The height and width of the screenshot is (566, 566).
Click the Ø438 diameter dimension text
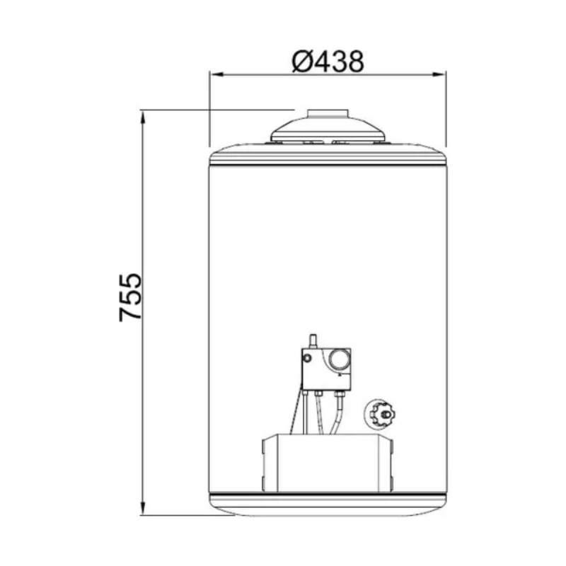point(327,61)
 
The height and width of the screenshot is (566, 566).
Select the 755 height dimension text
point(132,298)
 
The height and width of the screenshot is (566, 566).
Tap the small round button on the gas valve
point(308,358)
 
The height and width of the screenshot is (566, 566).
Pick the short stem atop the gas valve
point(311,340)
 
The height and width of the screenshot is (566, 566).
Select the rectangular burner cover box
point(327,463)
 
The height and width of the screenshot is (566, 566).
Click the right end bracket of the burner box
point(388,463)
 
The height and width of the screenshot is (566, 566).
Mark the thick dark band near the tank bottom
point(327,492)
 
